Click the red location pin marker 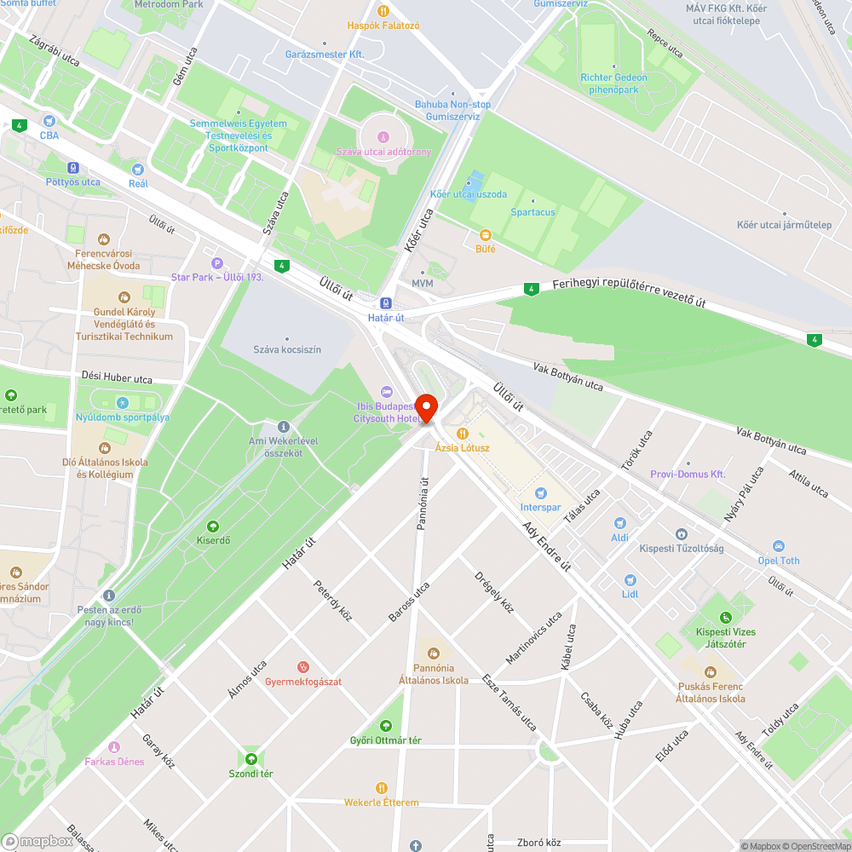tap(426, 407)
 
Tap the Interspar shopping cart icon tap(540, 493)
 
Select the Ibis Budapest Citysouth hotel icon tap(387, 391)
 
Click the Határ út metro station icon tap(385, 302)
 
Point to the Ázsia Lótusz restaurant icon tap(463, 433)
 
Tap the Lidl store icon tap(630, 580)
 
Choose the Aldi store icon tap(620, 523)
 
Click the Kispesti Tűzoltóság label tap(681, 548)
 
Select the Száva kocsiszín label tap(287, 349)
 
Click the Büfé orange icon tap(486, 234)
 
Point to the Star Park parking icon tap(217, 263)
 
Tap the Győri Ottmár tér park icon tap(386, 726)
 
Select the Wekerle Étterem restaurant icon tap(382, 788)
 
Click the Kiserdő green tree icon tap(213, 526)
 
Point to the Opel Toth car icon tap(779, 546)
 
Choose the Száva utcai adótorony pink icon tap(383, 137)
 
